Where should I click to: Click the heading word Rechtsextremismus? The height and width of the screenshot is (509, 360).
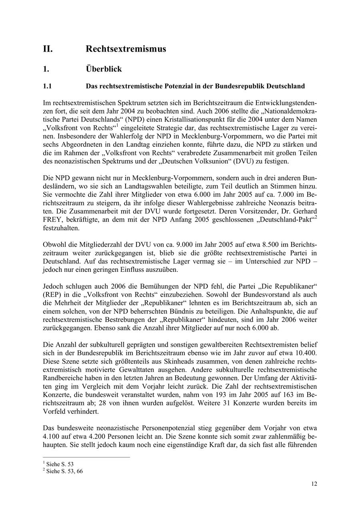[126, 49]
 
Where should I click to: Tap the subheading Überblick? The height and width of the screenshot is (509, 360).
[104, 69]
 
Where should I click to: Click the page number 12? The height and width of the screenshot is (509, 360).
[314, 484]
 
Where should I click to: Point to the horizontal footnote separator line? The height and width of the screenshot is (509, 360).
[86, 457]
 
